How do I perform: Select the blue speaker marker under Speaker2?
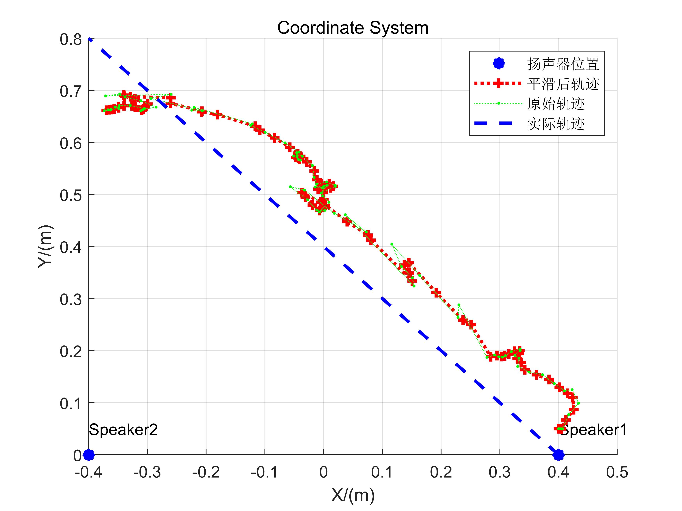click(89, 455)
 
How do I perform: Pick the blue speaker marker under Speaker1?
click(558, 455)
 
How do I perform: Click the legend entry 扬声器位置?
click(563, 64)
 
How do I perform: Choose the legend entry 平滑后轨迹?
click(563, 84)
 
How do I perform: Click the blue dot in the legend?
click(499, 64)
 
